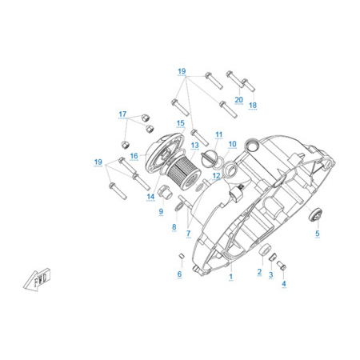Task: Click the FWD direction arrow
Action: pos(38,279)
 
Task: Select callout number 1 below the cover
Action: pos(231,277)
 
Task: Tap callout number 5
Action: pos(318,234)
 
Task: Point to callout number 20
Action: pos(239,100)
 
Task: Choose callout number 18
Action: pos(253,105)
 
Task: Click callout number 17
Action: pos(122,114)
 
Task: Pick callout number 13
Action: pos(195,146)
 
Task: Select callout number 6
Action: pos(179,274)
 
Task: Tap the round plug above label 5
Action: pos(315,214)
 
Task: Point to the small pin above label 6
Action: pos(182,256)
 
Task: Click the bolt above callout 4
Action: pos(282,265)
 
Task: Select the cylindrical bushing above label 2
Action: pos(265,249)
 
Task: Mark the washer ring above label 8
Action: pos(178,206)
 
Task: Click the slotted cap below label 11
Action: pos(209,158)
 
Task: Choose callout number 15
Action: pos(181,123)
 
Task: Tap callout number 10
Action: pos(233,144)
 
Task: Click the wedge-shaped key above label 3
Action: pos(271,257)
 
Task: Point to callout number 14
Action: pos(150,197)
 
